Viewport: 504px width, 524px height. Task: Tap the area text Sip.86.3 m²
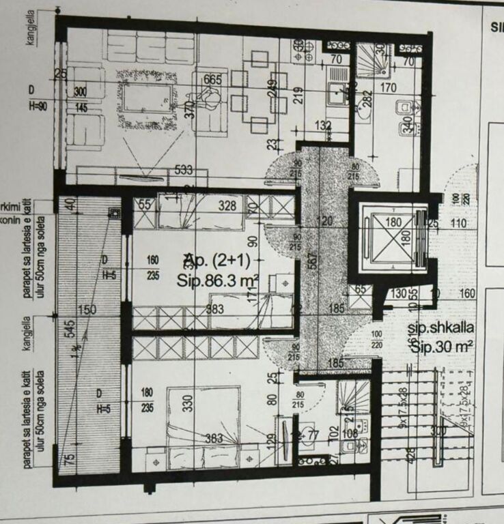(x=216, y=280)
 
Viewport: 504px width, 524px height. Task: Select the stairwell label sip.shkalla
(x=441, y=327)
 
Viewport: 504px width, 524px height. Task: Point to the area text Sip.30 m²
(x=442, y=347)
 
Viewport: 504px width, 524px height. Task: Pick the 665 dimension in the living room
(x=212, y=80)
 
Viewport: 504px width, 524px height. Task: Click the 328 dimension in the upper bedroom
(x=227, y=205)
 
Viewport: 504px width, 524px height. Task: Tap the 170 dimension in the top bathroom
(x=388, y=87)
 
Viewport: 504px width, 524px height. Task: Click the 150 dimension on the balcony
(x=87, y=310)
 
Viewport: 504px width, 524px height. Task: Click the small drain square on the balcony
(x=113, y=214)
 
